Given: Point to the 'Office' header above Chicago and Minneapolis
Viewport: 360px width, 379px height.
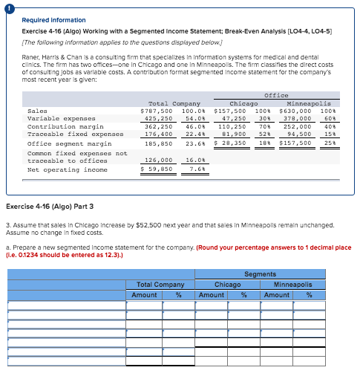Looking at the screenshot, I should coord(276,95).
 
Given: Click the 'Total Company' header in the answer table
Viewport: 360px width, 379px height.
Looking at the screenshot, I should coord(160,285).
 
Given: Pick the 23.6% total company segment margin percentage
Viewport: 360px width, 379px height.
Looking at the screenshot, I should coord(194,143).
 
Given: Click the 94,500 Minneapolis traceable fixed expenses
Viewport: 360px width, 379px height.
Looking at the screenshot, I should coord(298,135).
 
